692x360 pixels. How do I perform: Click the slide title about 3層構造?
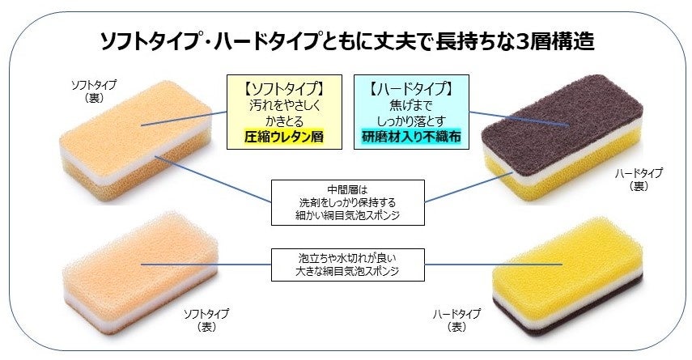point(346,40)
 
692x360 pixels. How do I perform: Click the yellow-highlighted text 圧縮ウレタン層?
point(283,137)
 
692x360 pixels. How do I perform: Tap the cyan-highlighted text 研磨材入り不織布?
point(411,137)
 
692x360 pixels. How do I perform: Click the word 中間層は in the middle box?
point(347,189)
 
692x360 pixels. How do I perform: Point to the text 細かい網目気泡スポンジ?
point(347,216)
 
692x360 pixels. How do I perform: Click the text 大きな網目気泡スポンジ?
point(347,272)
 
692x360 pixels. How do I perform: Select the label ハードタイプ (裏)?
point(640,179)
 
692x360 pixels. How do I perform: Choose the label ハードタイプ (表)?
point(456,320)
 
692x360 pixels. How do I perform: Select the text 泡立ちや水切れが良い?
point(347,258)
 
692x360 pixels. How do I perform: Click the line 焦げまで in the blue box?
point(411,104)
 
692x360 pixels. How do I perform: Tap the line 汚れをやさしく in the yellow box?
point(283,104)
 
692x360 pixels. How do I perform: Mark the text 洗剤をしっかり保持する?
point(347,202)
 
